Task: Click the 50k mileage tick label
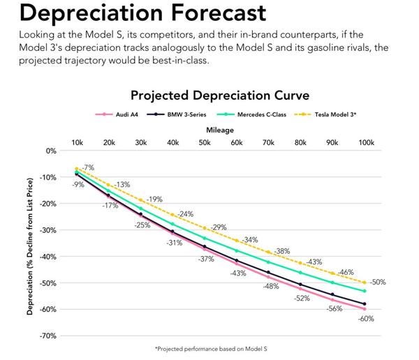205,143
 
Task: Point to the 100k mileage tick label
365,143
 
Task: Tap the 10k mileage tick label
77,143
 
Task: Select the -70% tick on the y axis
47,336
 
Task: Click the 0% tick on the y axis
50,151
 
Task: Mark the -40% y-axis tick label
47,257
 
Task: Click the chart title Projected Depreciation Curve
220,95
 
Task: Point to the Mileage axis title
220,130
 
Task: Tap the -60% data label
366,319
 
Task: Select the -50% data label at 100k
376,283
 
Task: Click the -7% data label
87,167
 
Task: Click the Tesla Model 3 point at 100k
365,283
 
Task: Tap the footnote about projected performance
220,348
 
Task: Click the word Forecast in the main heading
205,13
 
